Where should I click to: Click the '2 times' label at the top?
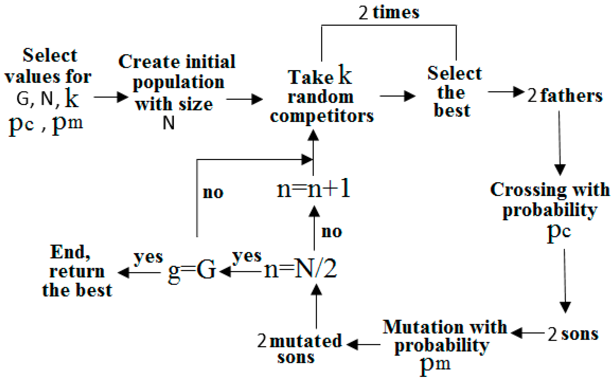[389, 13]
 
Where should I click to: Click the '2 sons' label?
[573, 334]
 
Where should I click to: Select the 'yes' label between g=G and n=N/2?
[247, 257]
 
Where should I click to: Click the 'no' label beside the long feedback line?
[213, 193]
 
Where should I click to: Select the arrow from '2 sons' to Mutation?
[528, 333]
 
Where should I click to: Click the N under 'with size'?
[169, 123]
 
